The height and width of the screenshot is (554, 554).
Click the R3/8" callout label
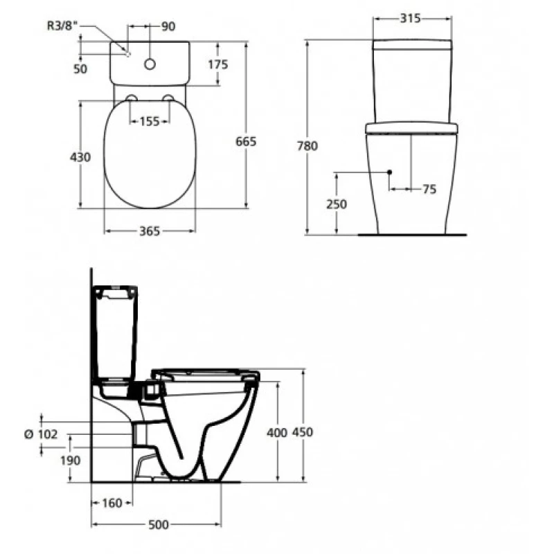pyautogui.click(x=62, y=26)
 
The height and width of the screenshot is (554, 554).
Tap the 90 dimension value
pyautogui.click(x=168, y=26)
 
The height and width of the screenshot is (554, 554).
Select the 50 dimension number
pyautogui.click(x=80, y=69)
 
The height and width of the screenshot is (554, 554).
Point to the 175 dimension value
pyautogui.click(x=218, y=64)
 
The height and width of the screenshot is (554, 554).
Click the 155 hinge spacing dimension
pyautogui.click(x=150, y=122)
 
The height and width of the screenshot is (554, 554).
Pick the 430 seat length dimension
pyautogui.click(x=80, y=157)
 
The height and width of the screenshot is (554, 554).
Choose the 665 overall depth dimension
pyautogui.click(x=246, y=142)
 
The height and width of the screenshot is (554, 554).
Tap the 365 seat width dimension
pyautogui.click(x=150, y=231)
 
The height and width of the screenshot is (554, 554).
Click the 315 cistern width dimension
pyautogui.click(x=410, y=18)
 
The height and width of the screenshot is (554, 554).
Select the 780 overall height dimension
pyautogui.click(x=307, y=146)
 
